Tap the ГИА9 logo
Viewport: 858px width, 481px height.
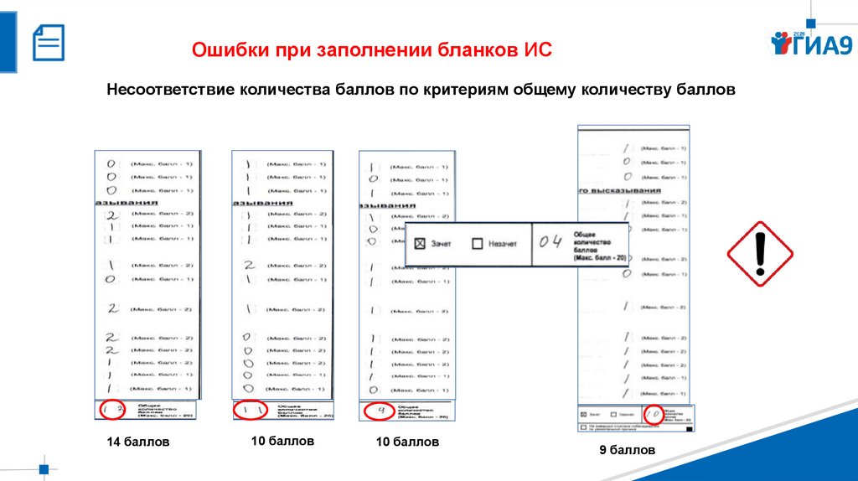click(811, 44)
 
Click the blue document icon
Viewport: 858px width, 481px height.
click(48, 41)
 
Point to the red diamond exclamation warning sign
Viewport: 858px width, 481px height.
click(759, 254)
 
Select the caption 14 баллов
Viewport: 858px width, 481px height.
click(137, 442)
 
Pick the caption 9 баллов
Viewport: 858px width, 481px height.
click(626, 451)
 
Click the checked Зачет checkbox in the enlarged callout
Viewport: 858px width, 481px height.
click(421, 244)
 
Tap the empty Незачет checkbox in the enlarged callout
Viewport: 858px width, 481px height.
click(477, 244)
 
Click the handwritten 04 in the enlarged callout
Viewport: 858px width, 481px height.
click(551, 243)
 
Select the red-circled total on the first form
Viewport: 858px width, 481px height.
click(113, 410)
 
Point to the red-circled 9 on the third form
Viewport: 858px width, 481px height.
click(380, 411)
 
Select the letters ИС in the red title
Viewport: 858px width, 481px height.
click(540, 49)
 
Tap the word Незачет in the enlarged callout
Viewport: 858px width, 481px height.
click(503, 244)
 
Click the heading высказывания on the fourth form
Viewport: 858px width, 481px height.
click(638, 190)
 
